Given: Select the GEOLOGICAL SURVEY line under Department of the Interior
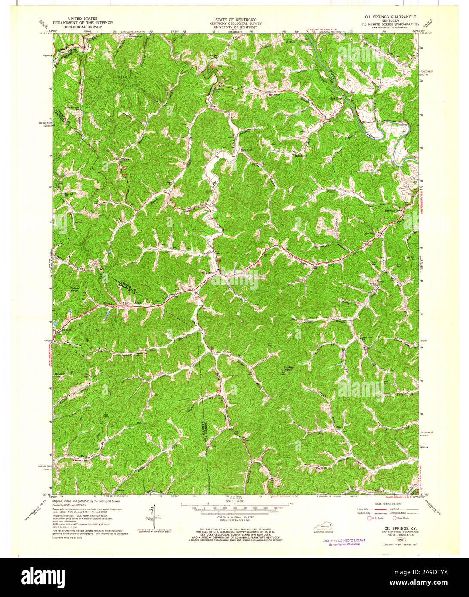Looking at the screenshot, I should [82, 27].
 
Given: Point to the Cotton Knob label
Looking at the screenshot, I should [75, 289].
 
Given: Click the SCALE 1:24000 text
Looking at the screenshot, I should [234, 500].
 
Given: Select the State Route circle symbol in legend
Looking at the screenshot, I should [391, 518].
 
